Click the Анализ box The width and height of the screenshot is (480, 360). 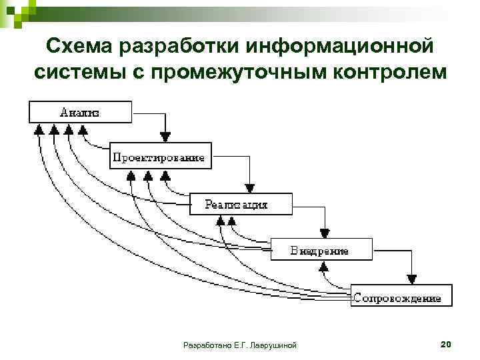tap(80, 112)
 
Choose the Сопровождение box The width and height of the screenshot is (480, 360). tap(401, 297)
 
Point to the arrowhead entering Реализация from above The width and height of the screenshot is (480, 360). tap(248, 187)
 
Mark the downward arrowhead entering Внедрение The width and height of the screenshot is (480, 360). tap(324, 233)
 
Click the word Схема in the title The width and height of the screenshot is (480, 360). tap(85, 47)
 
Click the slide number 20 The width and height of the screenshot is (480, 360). tap(446, 344)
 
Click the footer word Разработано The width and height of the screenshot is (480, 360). tap(205, 345)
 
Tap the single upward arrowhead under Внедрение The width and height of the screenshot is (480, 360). tap(324, 266)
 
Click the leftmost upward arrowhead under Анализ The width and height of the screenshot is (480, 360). tap(39, 129)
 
